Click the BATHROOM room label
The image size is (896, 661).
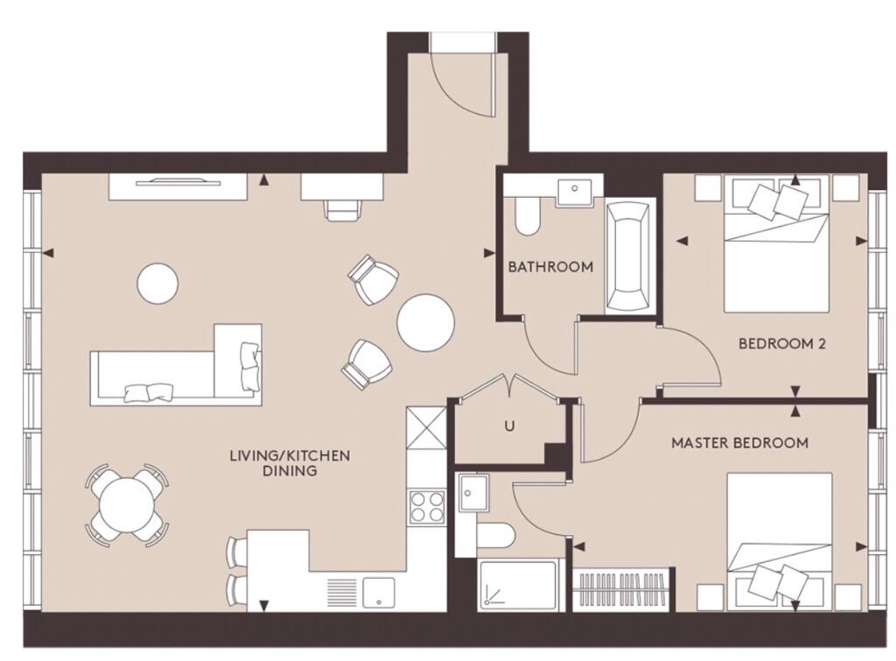click(x=550, y=266)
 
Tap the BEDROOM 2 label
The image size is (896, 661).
click(x=781, y=344)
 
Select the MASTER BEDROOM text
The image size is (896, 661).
click(x=739, y=443)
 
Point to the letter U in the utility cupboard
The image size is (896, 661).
click(x=509, y=426)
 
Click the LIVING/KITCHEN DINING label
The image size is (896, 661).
click(x=290, y=463)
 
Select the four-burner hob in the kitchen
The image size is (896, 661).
click(x=427, y=507)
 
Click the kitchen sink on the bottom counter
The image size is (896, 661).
click(x=379, y=592)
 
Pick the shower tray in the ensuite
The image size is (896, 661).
click(x=518, y=584)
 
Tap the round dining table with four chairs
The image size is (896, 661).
click(x=126, y=505)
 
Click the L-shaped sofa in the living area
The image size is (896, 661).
click(x=176, y=365)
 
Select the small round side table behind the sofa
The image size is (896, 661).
click(x=157, y=284)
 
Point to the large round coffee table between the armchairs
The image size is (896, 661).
click(x=426, y=323)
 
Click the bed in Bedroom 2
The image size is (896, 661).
click(x=777, y=244)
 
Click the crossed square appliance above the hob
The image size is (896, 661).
click(x=426, y=429)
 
